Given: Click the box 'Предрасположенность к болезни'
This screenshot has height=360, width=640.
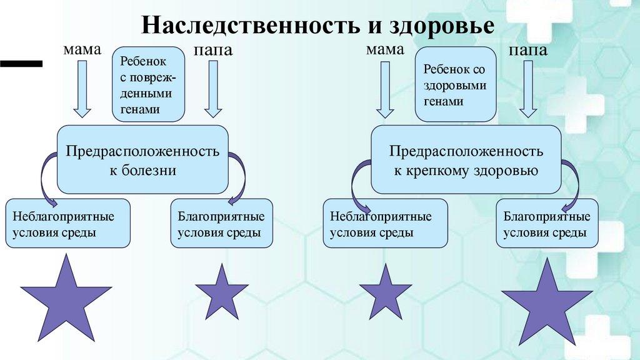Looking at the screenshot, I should pos(142,159).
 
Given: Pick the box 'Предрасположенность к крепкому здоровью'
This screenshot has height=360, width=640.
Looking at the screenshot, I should pos(466,159).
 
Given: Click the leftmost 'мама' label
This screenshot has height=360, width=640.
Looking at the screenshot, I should pos(81,50).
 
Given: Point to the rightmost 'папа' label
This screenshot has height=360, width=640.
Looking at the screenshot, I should pos(528,50).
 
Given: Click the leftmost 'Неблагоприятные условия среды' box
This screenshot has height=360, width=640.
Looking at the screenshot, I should pos(67,224).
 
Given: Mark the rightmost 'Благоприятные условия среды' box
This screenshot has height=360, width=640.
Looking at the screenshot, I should pos(547,224).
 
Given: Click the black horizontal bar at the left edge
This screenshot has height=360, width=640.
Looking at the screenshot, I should pos(21,62).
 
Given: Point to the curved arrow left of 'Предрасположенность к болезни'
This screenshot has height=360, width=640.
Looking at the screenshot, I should pos(46,178).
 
